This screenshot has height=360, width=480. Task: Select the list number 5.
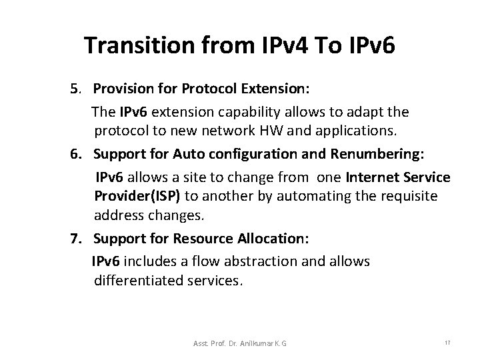coord(75,89)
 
